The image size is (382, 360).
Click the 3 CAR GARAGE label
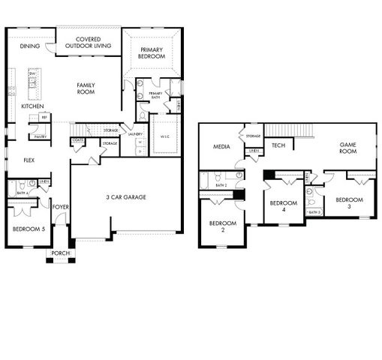coord(126,197)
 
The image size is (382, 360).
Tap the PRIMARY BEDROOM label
coord(152,53)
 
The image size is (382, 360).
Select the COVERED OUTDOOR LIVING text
coord(88,42)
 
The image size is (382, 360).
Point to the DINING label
coord(30,46)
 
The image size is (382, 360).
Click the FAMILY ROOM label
coord(86,89)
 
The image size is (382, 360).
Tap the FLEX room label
coord(29,160)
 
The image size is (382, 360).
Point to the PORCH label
coord(60,253)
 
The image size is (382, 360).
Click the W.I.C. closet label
coord(166,136)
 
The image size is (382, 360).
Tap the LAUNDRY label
coord(135,134)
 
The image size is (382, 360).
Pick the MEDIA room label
coord(221,146)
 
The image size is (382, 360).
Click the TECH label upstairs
coord(278,145)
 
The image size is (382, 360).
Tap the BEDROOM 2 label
coord(223,227)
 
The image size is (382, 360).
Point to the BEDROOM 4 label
coord(282,206)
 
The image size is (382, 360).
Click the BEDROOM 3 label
coord(348,203)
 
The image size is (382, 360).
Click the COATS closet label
coord(78,140)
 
